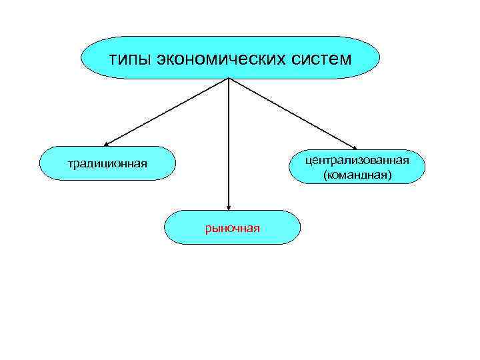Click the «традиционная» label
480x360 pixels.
point(107,164)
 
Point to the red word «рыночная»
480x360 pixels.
point(232,228)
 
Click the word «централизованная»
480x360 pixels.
point(357,161)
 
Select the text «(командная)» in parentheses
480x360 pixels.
point(357,175)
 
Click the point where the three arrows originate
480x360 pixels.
point(229,79)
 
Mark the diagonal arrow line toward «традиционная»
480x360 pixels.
point(167,111)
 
